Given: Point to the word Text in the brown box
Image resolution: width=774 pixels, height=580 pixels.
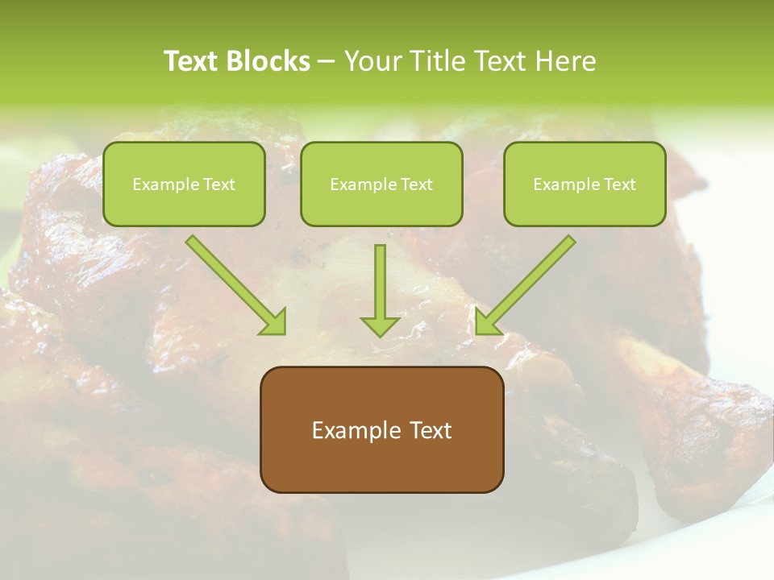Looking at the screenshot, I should pyautogui.click(x=430, y=431).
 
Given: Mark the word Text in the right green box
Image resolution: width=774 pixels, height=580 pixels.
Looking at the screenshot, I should pyautogui.click(x=620, y=184).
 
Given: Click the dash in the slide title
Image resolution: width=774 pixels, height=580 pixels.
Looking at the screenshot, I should pyautogui.click(x=327, y=61).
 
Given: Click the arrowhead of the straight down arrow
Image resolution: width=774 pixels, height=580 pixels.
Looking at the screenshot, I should pyautogui.click(x=380, y=325).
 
